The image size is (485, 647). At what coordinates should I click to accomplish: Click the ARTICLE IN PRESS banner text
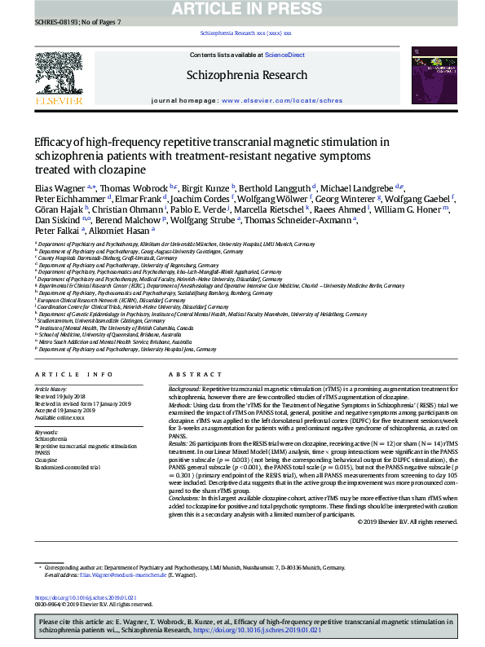pos(242,10)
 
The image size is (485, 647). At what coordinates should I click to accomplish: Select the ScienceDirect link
pos(285,55)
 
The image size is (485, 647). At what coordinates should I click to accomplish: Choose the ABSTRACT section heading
pos(183,374)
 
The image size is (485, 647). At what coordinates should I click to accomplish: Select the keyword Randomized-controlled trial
pos(67,467)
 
